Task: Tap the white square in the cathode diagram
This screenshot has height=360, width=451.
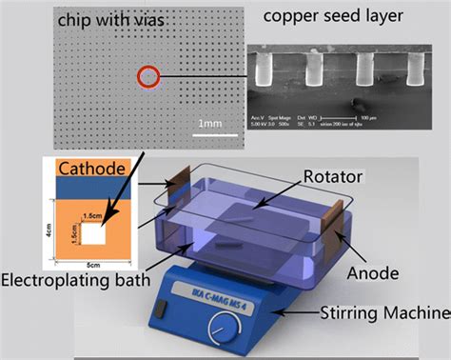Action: tap(94, 231)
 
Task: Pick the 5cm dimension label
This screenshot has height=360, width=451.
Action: tap(93, 265)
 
